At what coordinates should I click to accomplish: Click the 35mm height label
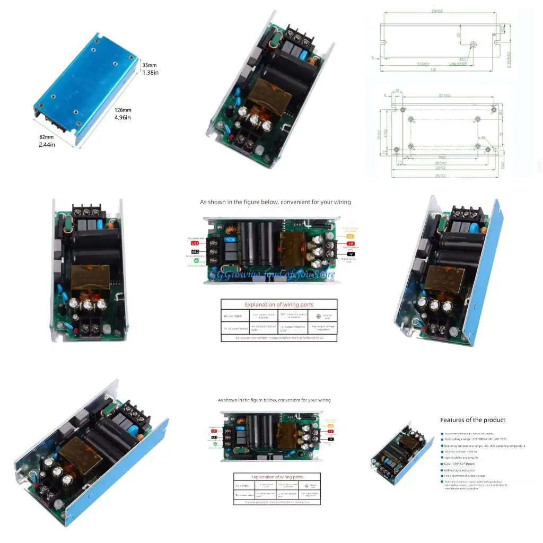tap(150, 65)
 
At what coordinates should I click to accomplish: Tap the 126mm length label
tap(123, 110)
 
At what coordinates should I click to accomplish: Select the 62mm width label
tap(47, 137)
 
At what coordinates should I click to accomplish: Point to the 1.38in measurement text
tap(150, 73)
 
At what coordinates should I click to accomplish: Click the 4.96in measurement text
tap(122, 118)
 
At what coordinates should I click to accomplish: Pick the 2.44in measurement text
tap(47, 144)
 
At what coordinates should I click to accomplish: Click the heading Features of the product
tap(472, 420)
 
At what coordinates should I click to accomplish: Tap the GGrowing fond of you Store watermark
tap(272, 274)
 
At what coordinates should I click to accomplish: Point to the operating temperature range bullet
tap(484, 446)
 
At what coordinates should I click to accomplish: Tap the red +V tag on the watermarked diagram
tap(351, 243)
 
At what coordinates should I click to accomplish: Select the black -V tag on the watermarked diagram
tap(351, 253)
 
